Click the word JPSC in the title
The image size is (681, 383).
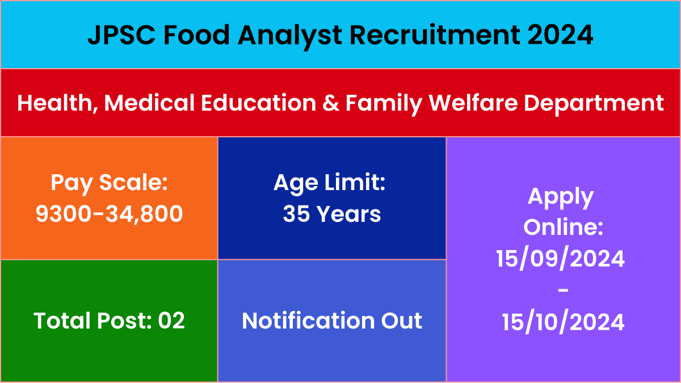(121, 35)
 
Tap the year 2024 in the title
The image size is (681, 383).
(560, 35)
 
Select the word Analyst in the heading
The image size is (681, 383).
(289, 36)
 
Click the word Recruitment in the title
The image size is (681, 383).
(435, 35)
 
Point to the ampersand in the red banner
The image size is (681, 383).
(331, 103)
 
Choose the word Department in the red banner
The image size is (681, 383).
(594, 104)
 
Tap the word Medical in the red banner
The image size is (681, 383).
(149, 103)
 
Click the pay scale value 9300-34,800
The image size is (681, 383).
(109, 214)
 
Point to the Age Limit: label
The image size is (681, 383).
(330, 184)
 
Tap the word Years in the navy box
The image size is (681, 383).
(349, 214)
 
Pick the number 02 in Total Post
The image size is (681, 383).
(171, 321)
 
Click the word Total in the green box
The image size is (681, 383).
(62, 321)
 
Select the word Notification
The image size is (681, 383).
(308, 321)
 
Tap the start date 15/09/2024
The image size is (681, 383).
(560, 259)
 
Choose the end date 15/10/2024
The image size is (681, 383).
(563, 322)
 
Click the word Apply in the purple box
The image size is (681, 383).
(561, 198)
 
